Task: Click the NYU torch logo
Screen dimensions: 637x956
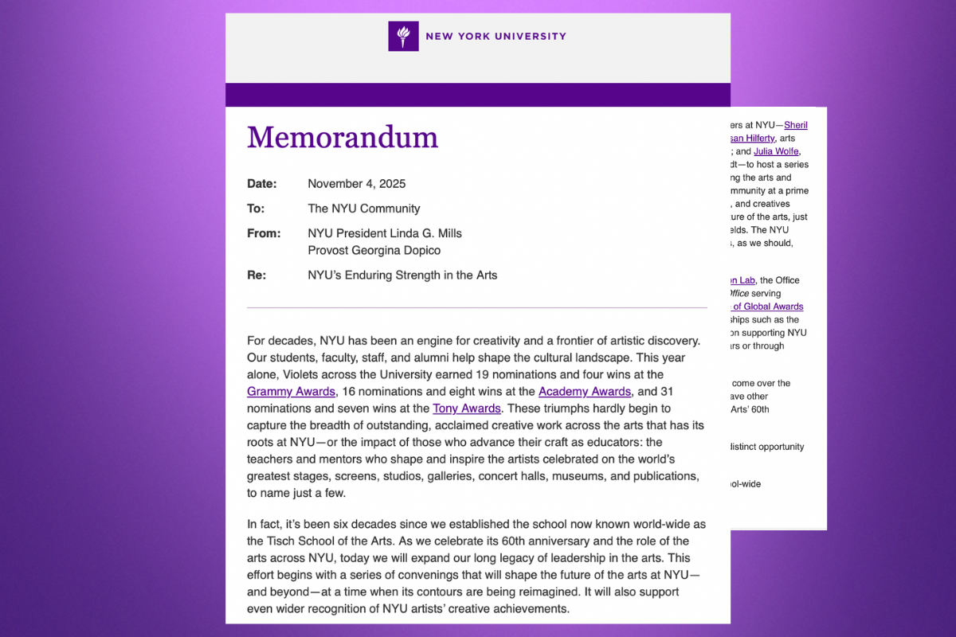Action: coord(403,36)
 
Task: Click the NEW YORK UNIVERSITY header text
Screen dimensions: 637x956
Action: coord(496,36)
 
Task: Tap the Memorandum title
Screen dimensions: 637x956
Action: coord(343,138)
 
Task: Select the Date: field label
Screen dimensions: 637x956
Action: coord(262,184)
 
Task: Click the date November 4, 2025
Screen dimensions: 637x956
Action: coord(356,184)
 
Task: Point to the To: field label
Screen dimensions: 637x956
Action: coord(256,209)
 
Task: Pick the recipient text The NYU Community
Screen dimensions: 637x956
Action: coord(363,209)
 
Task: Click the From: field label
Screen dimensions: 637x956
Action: coord(264,233)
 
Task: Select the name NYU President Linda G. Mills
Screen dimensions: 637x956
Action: coord(385,233)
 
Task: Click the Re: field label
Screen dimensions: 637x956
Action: coord(257,276)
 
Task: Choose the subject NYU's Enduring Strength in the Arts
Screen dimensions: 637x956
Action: coord(402,276)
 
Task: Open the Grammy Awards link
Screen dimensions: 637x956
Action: coord(292,392)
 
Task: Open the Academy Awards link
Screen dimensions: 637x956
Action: coord(585,392)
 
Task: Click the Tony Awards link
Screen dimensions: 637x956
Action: coord(467,408)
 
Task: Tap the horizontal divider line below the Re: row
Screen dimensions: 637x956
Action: coord(476,307)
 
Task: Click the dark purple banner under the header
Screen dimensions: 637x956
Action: coord(478,95)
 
